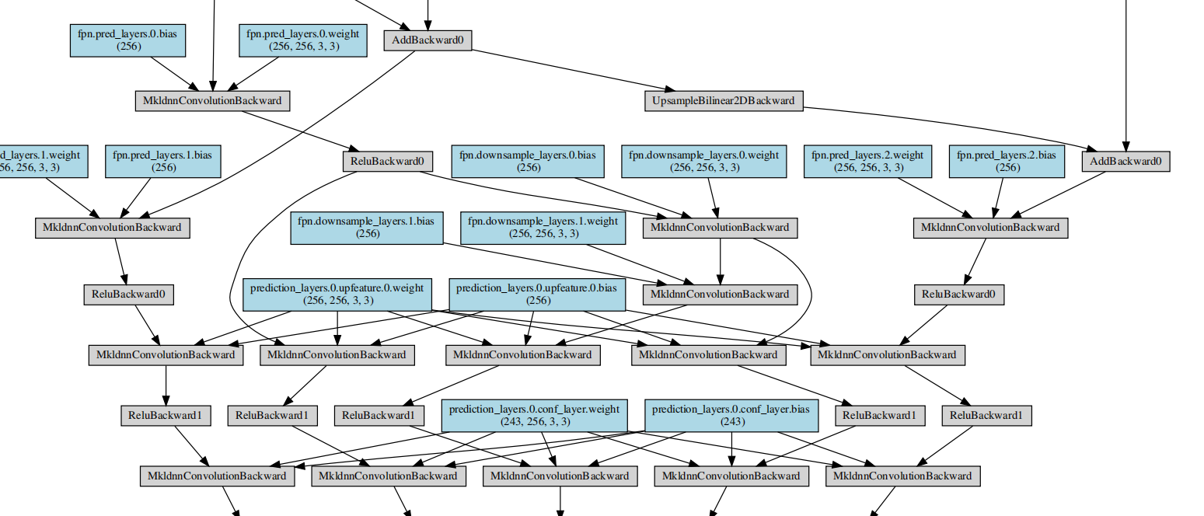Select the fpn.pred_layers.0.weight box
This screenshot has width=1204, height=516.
pyautogui.click(x=303, y=40)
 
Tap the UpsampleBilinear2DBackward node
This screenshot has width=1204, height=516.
pyautogui.click(x=724, y=100)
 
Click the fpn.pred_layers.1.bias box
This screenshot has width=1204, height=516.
pyautogui.click(x=162, y=161)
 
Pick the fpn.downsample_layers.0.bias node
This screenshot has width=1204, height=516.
pyautogui.click(x=528, y=161)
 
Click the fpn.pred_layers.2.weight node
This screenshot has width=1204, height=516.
pyautogui.click(x=867, y=161)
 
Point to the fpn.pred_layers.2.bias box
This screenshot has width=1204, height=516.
pyautogui.click(x=1007, y=161)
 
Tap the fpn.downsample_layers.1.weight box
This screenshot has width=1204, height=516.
pyautogui.click(x=543, y=227)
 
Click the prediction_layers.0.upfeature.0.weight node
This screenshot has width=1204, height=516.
pyautogui.click(x=337, y=294)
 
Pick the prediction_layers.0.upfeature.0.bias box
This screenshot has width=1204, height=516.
pyautogui.click(x=538, y=294)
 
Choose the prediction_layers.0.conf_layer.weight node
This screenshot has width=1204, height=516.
pyautogui.click(x=534, y=415)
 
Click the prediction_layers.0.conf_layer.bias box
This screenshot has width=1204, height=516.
pyautogui.click(x=732, y=415)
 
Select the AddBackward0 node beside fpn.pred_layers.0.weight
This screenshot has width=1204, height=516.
pyautogui.click(x=428, y=40)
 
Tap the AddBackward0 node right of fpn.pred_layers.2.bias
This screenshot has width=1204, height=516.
pyautogui.click(x=1125, y=161)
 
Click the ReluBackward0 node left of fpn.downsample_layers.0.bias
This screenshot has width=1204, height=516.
pyautogui.click(x=386, y=161)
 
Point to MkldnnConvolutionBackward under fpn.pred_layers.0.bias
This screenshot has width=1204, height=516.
pyautogui.click(x=212, y=100)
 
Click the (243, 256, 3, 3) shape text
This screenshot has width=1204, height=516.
pyautogui.click(x=534, y=421)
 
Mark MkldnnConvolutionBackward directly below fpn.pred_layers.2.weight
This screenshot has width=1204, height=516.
pyautogui.click(x=989, y=228)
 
